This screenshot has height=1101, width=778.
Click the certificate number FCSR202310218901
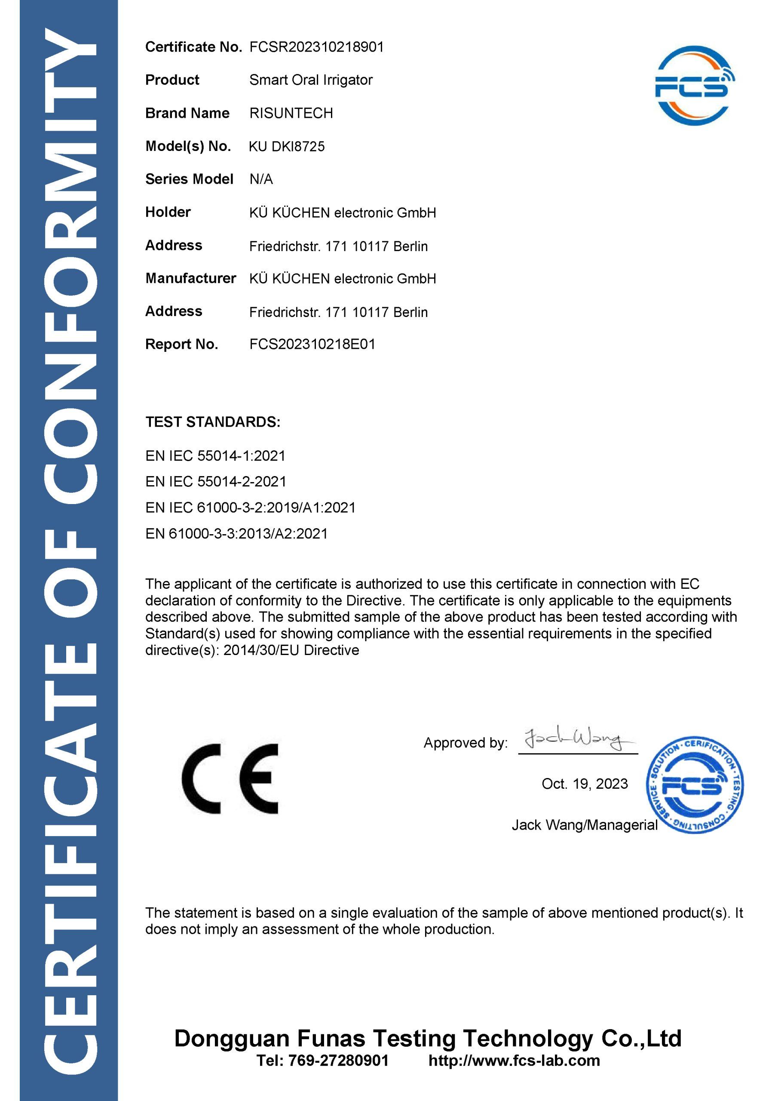(x=316, y=47)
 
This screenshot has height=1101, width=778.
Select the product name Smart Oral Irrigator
(x=311, y=80)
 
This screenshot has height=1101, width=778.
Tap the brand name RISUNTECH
(x=291, y=113)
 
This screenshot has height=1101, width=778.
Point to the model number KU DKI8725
(x=287, y=146)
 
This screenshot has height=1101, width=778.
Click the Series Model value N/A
(x=261, y=179)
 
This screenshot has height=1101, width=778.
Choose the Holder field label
(x=168, y=212)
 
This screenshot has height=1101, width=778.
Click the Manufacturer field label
(x=190, y=278)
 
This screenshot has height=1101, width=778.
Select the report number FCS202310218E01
(x=312, y=344)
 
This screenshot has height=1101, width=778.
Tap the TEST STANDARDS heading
(x=213, y=422)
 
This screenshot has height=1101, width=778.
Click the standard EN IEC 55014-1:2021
(x=215, y=455)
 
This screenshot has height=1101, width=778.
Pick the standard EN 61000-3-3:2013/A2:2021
(x=236, y=534)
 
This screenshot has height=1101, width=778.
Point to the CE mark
(x=230, y=779)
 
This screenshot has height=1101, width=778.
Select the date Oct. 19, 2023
(x=584, y=784)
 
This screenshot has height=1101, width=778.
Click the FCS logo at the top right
(x=695, y=86)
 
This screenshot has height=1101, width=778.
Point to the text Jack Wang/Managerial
(x=584, y=825)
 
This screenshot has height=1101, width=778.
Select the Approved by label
(x=465, y=743)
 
